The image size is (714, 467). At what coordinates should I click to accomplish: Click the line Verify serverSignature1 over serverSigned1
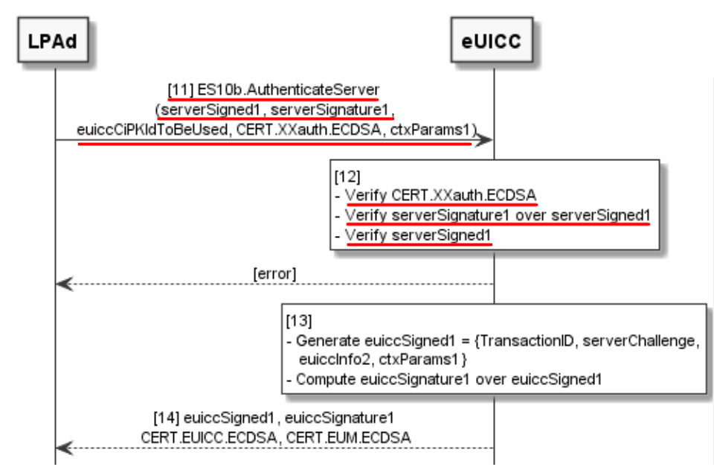497,216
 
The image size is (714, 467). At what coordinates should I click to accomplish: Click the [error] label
274,273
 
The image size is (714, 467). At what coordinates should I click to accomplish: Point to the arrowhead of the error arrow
64,284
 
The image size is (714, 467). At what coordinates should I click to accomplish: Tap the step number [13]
299,322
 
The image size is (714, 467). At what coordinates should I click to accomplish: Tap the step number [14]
165,417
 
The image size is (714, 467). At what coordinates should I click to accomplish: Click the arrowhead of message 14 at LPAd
64,448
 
